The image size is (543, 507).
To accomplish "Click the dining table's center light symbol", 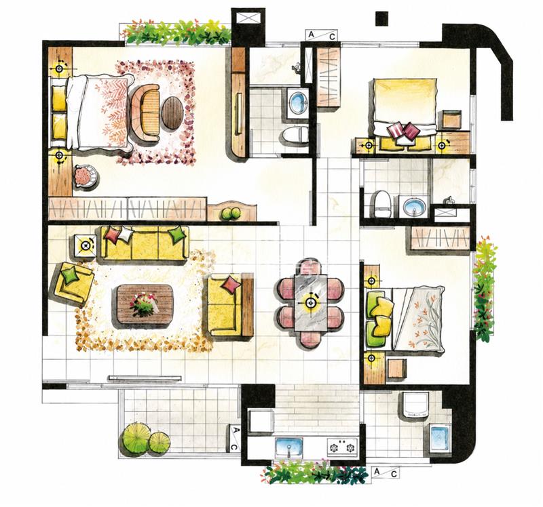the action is pos(311,302).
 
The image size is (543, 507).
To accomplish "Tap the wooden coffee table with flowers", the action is pos(145,304).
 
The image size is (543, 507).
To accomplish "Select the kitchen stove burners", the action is pos(342,447).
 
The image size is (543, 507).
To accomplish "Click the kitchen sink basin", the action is pos(289,448).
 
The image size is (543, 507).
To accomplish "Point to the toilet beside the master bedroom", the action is pos(295,135).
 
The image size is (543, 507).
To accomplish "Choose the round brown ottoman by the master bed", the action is pos(173,113).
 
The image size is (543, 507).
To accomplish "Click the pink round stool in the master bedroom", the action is pos(83,176).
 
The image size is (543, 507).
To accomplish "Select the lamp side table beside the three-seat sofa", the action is pos(86,246).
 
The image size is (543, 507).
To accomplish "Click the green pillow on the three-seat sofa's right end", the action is pos(178,234).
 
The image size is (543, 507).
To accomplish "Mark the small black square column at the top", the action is pos(382,19).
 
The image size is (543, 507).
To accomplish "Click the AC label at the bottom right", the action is pos(385,472).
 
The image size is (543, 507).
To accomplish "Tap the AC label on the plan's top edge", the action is pos(321,35).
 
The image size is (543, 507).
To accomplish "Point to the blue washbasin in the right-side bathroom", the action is pos(415,207).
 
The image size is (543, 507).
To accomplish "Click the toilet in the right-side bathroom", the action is pos(381,204).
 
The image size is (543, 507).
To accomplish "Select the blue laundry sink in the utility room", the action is pos(439,439).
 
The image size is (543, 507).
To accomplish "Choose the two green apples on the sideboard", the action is pos(231,213).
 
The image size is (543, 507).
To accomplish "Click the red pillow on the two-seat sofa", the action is pos(231,284).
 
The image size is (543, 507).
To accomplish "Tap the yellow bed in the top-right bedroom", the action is pos(405,109).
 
